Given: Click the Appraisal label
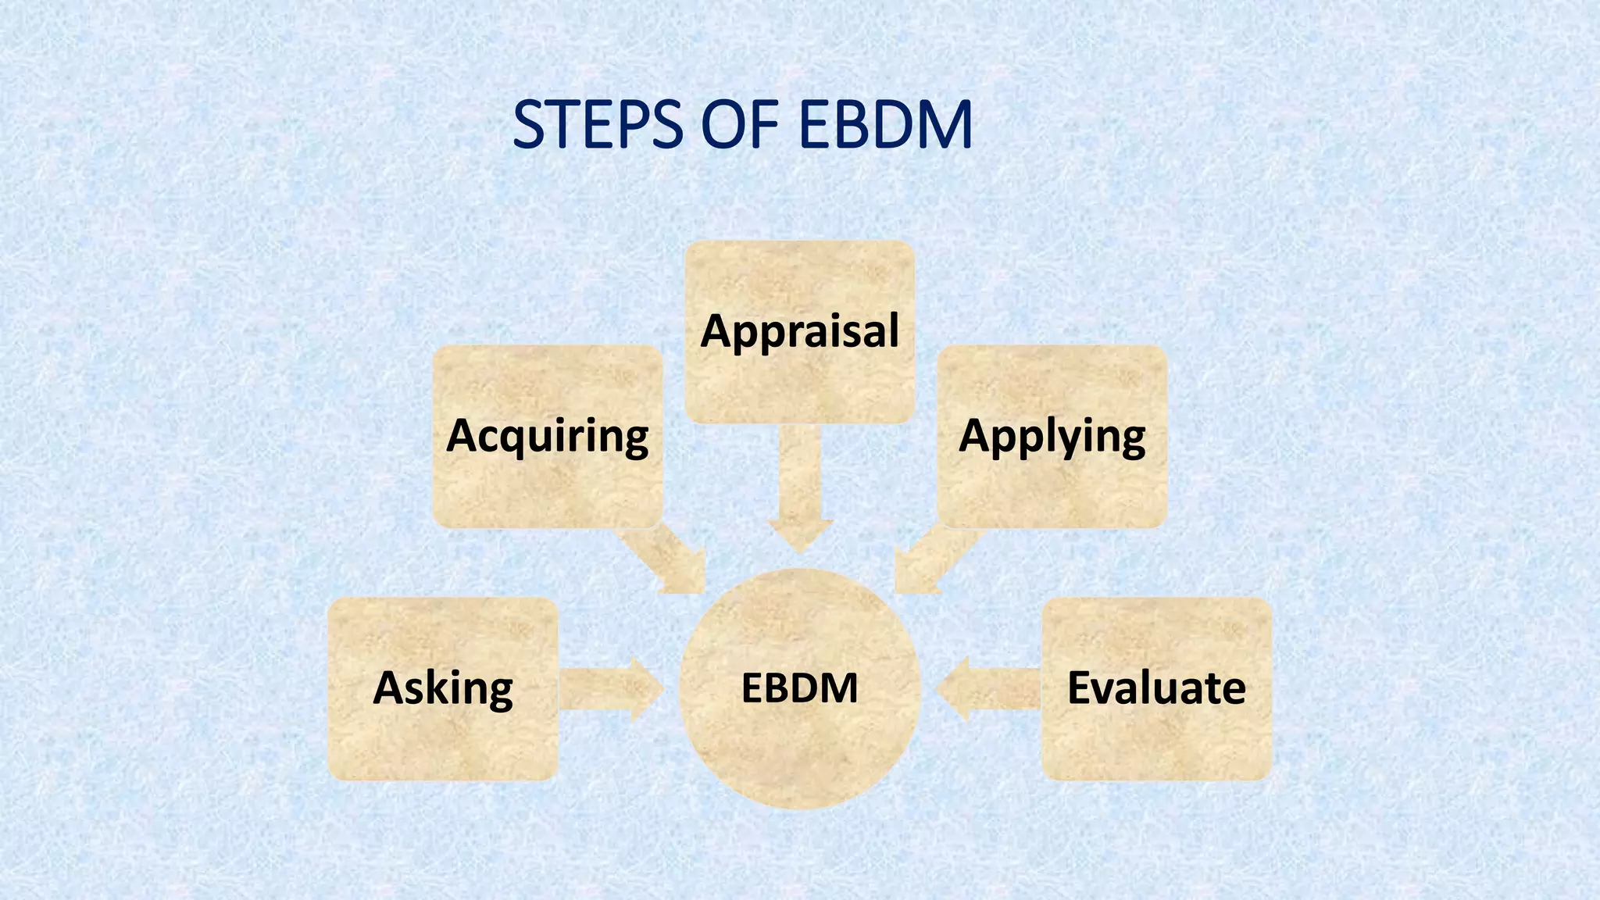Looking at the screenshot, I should tap(800, 330).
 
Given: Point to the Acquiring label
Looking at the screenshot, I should tap(547, 435).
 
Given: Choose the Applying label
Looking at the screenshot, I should tap(1052, 435).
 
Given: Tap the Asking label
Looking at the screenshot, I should tap(443, 688).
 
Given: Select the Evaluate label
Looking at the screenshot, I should tap(1156, 688).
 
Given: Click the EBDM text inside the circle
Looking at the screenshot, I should tap(799, 688).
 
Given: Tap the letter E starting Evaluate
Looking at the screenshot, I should tap(1082, 687).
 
